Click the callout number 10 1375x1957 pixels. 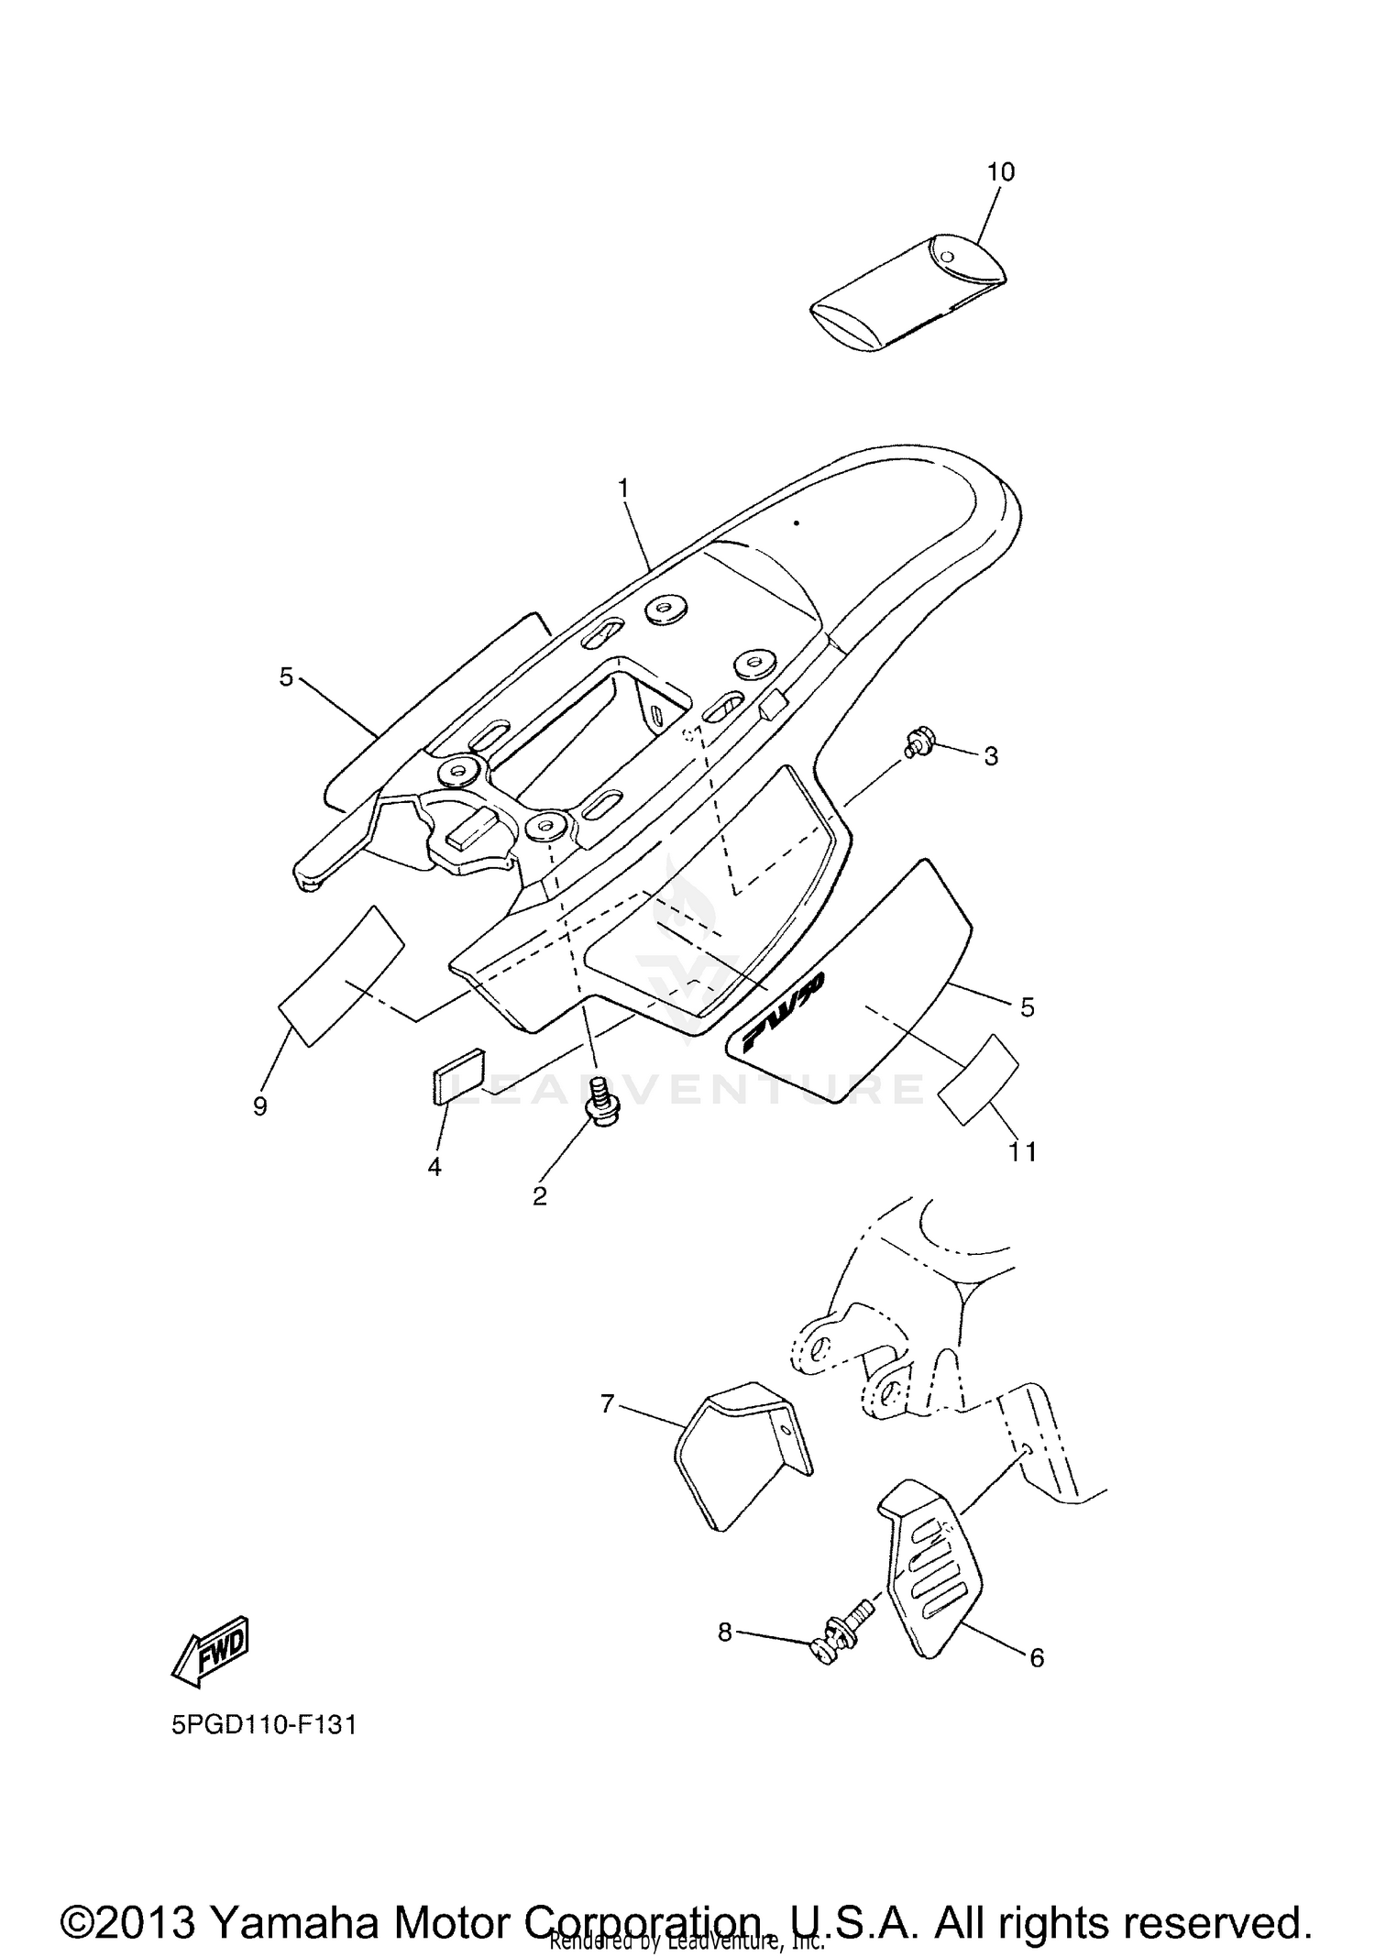[1001, 171]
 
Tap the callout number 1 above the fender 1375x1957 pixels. [624, 489]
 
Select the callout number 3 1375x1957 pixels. [991, 756]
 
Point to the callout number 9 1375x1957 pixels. [260, 1106]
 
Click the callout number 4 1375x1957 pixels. [434, 1167]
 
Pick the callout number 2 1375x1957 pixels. [540, 1195]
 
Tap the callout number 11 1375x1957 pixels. [1022, 1151]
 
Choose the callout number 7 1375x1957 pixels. [607, 1403]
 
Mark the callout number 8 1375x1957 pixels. [725, 1632]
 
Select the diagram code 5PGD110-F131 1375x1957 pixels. [264, 1725]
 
